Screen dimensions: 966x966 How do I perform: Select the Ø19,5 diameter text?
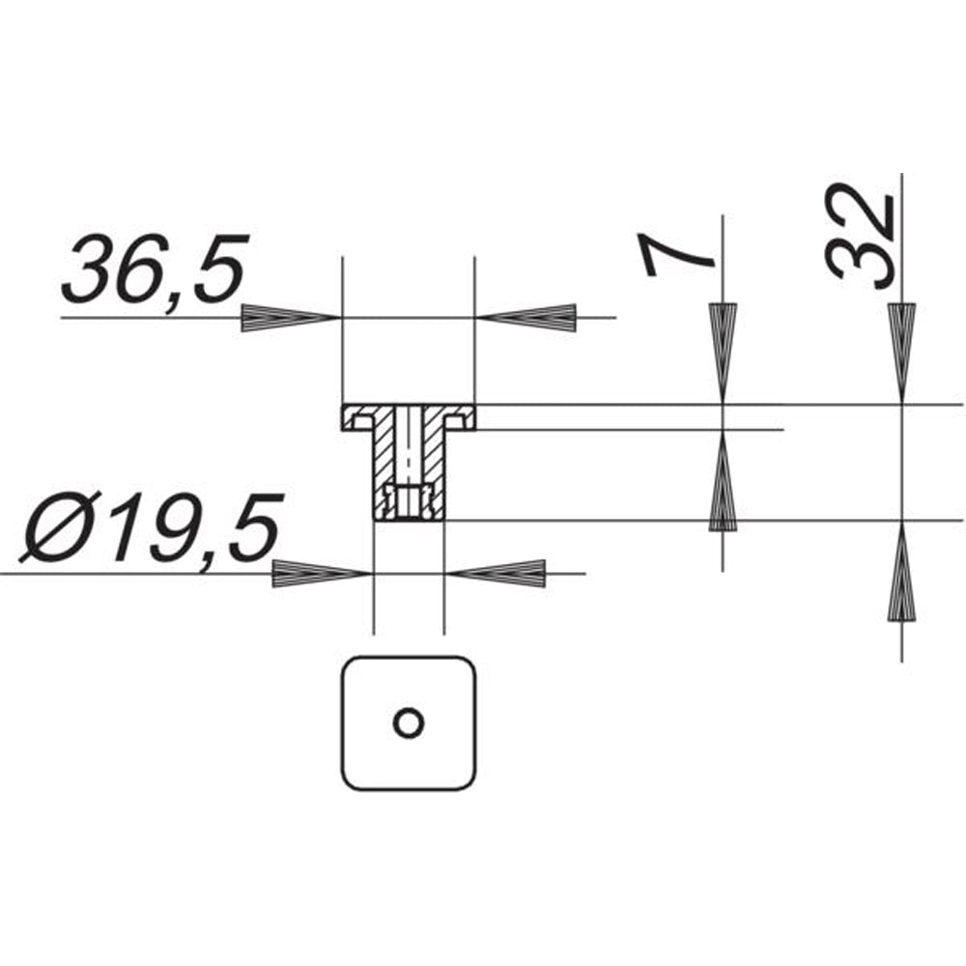(x=149, y=528)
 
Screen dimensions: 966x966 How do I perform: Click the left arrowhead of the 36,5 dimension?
(x=291, y=318)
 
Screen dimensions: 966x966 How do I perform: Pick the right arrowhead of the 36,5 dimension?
(x=526, y=318)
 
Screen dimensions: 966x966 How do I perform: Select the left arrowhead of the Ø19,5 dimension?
(x=323, y=574)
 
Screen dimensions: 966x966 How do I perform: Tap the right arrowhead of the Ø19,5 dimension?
(x=496, y=574)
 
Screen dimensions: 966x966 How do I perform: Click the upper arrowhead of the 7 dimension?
(x=723, y=354)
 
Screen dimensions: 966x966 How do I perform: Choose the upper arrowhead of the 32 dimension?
(x=902, y=354)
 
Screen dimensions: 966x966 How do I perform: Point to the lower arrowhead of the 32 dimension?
(x=902, y=571)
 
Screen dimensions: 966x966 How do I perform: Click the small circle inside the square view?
(x=408, y=722)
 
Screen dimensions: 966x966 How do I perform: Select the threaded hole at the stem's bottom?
(x=409, y=501)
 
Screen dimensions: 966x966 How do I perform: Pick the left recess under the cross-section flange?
(x=362, y=423)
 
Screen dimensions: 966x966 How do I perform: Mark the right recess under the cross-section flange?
(x=455, y=423)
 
